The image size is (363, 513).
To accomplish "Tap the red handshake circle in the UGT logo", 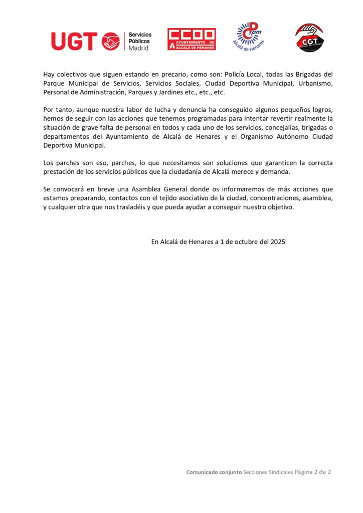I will pos(111,41).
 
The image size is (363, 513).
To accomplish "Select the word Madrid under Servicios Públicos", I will pos(139,48).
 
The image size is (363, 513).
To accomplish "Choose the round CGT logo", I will pos(308,38).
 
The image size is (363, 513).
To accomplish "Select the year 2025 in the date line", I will pos(278,241).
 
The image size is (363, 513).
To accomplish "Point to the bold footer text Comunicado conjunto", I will pos(214,472).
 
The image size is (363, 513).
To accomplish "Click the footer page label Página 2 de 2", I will pos(313,472).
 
